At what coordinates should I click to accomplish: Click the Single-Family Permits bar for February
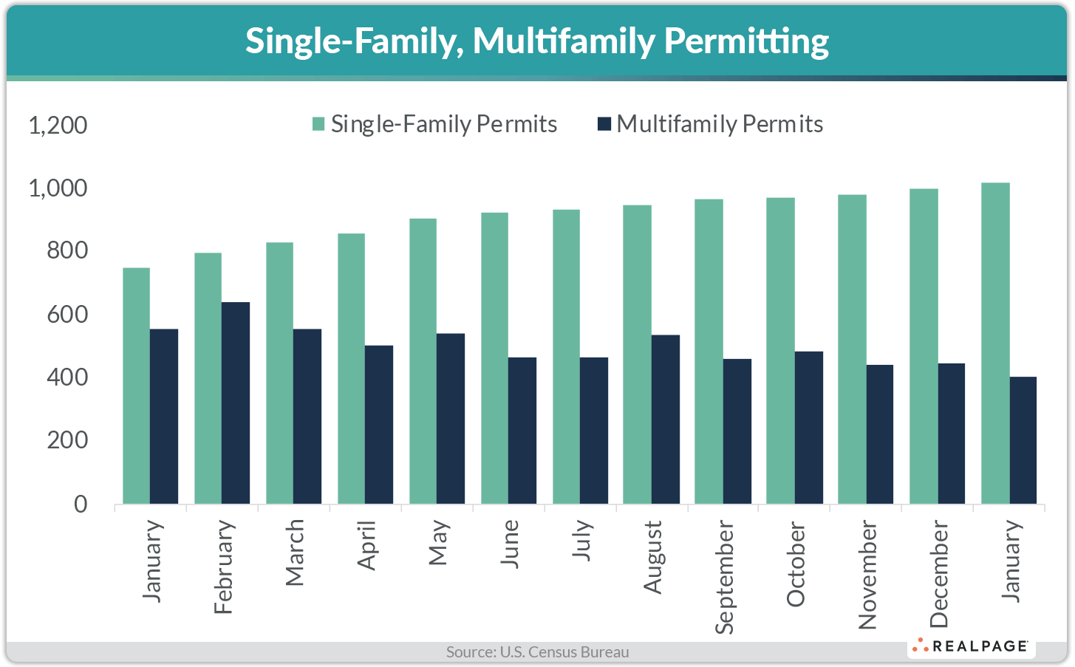[208, 378]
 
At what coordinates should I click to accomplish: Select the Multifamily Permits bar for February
[236, 403]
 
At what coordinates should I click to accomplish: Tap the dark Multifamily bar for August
[666, 420]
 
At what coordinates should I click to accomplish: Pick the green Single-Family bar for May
[423, 361]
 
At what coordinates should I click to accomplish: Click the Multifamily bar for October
[809, 428]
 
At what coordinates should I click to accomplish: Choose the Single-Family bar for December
[924, 346]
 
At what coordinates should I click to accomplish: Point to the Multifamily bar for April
[379, 425]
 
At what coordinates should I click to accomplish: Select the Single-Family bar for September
[709, 352]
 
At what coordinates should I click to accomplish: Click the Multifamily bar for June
[522, 431]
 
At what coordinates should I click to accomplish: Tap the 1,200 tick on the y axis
[58, 125]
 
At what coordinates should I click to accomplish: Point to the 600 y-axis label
[66, 315]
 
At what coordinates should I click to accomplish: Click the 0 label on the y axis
[80, 504]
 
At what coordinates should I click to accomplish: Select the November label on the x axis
[867, 575]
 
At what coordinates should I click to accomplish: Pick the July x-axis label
[581, 540]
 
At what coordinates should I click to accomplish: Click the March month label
[295, 553]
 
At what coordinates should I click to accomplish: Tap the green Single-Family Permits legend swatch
[318, 124]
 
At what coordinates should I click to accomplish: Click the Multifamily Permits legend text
[720, 124]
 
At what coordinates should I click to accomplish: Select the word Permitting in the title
[746, 41]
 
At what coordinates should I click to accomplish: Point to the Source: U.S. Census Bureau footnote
[537, 652]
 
